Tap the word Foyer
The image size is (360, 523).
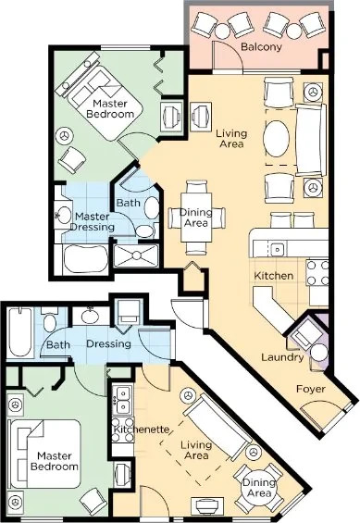311,389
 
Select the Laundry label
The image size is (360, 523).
282,357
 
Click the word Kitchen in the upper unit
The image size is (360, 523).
274,276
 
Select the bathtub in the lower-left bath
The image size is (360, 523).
19,331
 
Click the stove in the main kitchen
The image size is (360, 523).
317,273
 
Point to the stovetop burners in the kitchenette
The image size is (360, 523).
121,401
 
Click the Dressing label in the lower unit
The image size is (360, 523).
109,344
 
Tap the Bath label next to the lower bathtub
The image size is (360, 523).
58,346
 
